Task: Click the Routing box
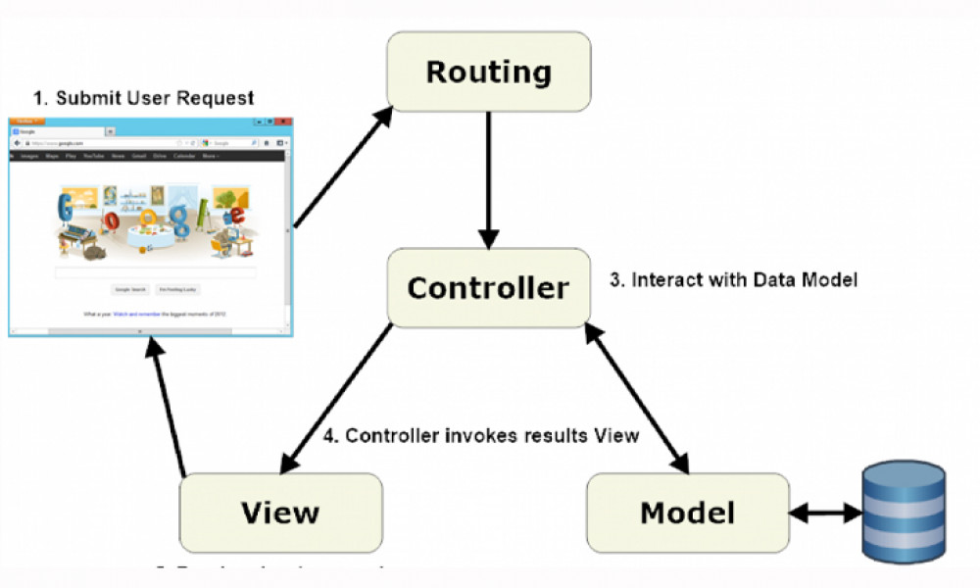[x=488, y=72]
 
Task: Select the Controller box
[x=488, y=287]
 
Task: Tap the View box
[x=280, y=512]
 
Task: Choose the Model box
[x=687, y=512]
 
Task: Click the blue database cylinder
[x=903, y=512]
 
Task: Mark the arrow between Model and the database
[x=825, y=512]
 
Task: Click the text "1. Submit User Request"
[x=143, y=98]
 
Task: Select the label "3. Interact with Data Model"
[x=734, y=280]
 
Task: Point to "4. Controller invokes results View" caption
[x=481, y=435]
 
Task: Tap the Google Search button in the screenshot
[x=130, y=290]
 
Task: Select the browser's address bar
[x=108, y=143]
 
